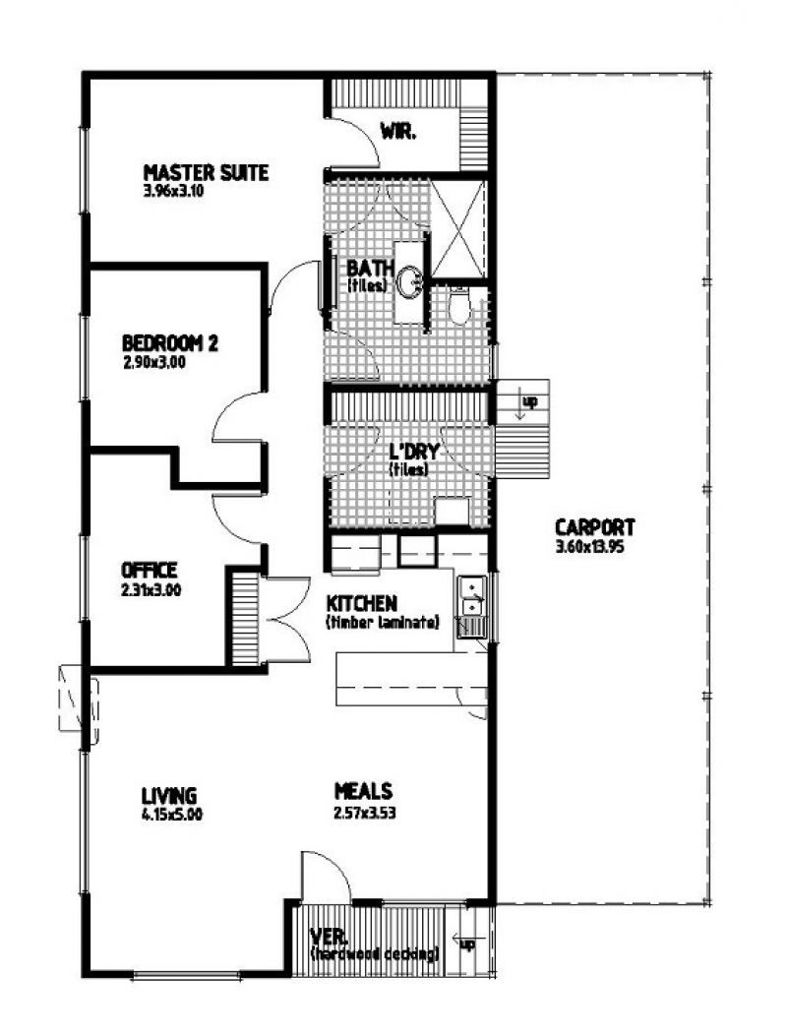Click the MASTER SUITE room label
pos(206,172)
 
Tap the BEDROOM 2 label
pos(169,343)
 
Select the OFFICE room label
pos(150,570)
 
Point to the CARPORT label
pos(594,526)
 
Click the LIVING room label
pos(168,795)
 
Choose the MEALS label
pos(363,790)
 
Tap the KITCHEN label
pos(361,603)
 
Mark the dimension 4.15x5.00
pos(172,814)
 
